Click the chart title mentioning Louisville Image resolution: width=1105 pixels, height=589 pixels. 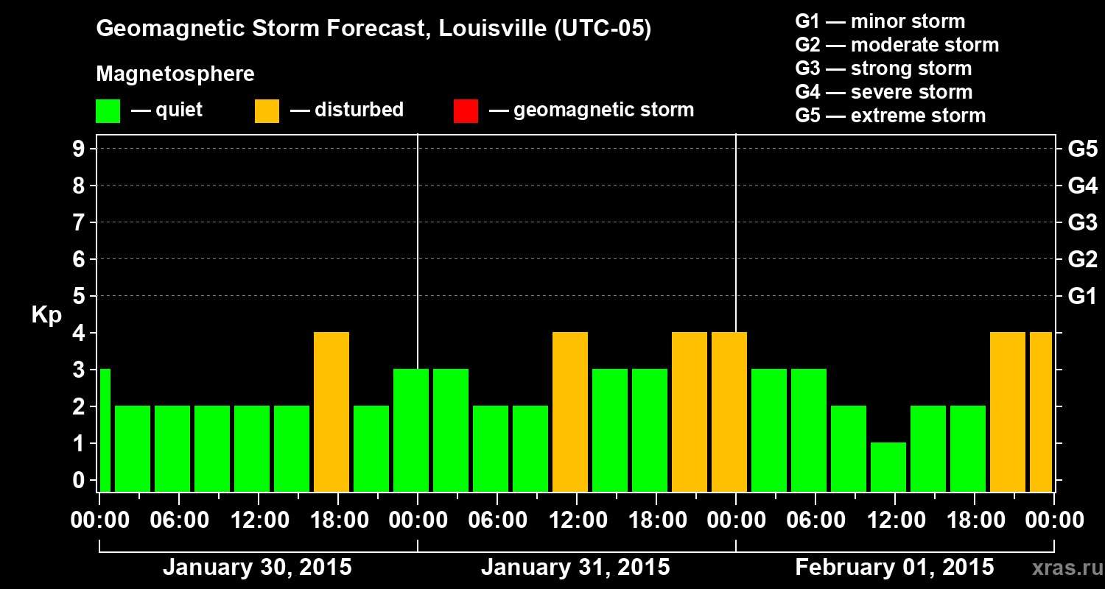tap(373, 29)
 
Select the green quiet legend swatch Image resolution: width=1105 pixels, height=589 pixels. tap(108, 110)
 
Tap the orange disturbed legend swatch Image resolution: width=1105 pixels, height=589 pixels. tap(267, 110)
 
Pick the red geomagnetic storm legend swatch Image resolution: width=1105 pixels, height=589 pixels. tap(466, 110)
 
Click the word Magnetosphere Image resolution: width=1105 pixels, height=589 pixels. tap(175, 74)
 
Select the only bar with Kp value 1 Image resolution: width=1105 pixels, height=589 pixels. tap(888, 467)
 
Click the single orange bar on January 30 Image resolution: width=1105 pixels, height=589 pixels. tap(331, 412)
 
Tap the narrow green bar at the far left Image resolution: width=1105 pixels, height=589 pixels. tap(105, 430)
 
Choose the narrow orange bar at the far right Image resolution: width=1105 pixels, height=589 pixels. tap(1041, 412)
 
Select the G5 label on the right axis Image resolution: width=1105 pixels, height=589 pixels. tap(1082, 149)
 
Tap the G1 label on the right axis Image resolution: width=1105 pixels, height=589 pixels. tap(1082, 297)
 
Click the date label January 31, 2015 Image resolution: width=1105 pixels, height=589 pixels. tap(575, 568)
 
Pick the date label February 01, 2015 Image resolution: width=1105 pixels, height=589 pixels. tap(894, 568)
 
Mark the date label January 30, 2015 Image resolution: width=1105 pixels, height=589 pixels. tap(257, 568)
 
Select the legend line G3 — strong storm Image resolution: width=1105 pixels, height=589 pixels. tap(883, 68)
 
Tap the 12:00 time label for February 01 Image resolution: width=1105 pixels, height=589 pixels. tap(894, 520)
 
